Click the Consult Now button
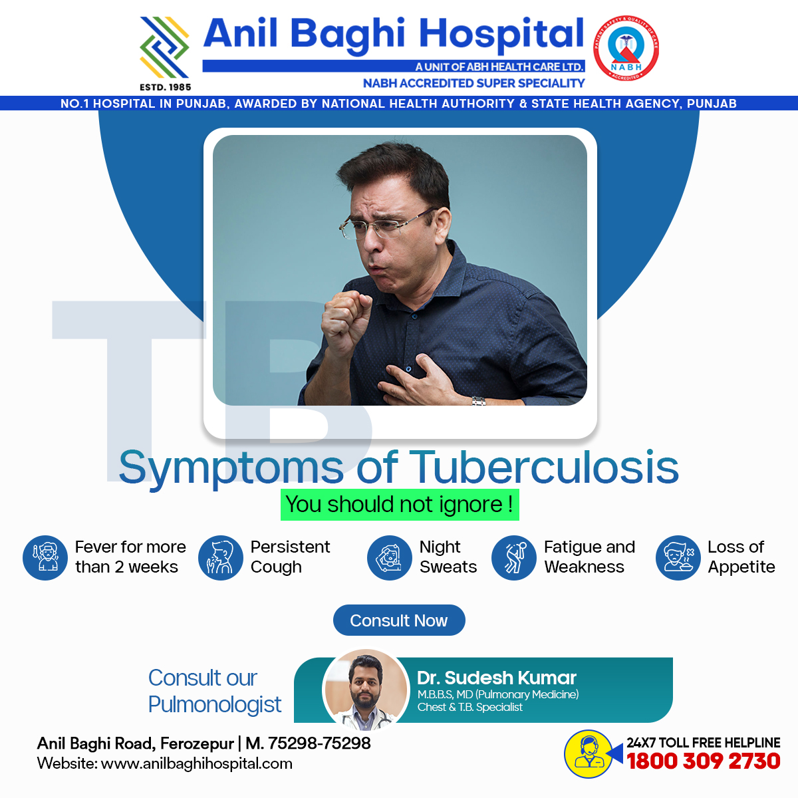399,620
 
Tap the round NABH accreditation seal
626,48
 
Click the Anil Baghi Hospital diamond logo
164,47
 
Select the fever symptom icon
45,557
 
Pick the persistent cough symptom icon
220,557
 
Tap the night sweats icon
389,557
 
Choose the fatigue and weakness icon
513,557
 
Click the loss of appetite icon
678,557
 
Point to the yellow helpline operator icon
589,753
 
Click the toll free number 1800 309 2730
703,761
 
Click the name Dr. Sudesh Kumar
497,678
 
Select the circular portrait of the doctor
365,690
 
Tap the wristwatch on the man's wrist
479,400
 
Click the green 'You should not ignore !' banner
400,504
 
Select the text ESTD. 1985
165,87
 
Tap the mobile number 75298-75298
319,743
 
